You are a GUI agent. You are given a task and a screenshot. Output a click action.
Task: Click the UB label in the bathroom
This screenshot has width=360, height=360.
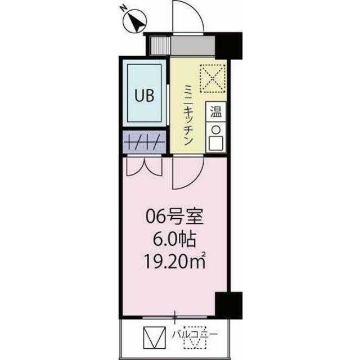click(143, 95)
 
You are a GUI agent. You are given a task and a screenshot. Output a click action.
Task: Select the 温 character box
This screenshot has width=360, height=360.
click(216, 111)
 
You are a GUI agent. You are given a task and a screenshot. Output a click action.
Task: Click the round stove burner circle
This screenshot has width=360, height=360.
click(215, 129)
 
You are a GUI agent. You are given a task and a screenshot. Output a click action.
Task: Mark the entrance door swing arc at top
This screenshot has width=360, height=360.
click(186, 17)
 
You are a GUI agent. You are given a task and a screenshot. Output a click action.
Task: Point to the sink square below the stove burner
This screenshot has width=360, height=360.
click(215, 143)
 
